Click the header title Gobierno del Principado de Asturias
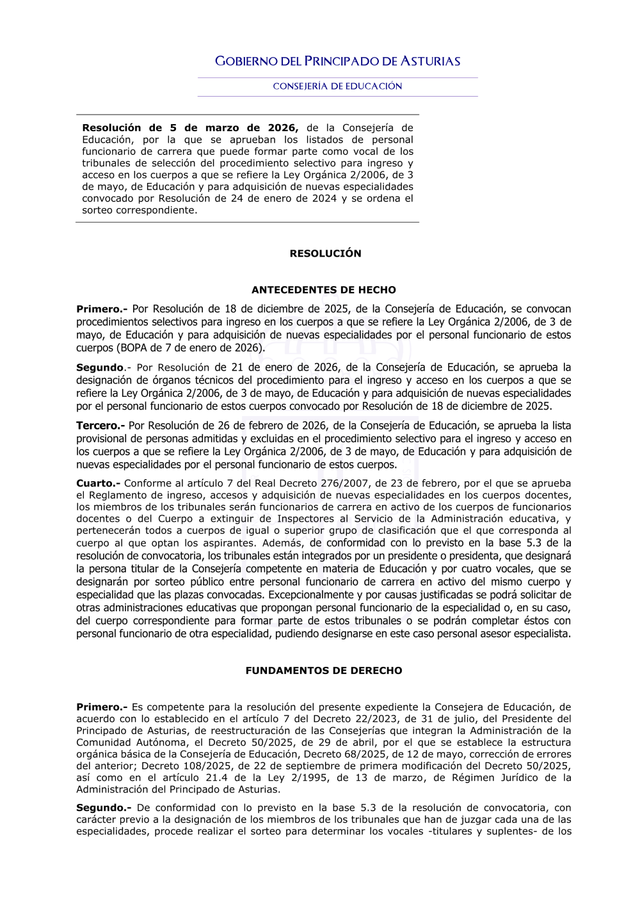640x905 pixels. [337, 61]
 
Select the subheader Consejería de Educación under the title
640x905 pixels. [337, 86]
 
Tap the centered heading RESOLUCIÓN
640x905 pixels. [325, 253]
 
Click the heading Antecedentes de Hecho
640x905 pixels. [324, 290]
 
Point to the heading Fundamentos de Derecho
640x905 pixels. [324, 671]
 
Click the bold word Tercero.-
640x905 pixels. [100, 426]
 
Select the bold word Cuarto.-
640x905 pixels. [98, 483]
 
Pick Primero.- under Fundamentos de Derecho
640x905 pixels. [102, 707]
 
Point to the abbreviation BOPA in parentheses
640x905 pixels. [133, 348]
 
